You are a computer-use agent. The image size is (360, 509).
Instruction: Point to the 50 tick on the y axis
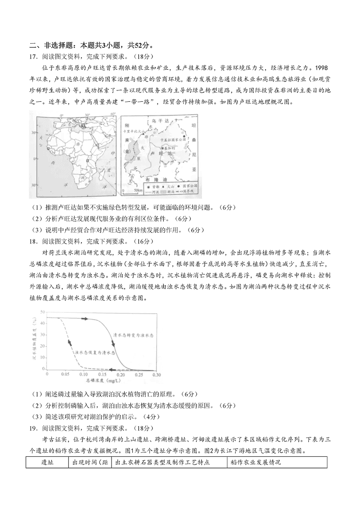click(x=42, y=311)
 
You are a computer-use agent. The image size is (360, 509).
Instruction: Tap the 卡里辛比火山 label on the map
click(x=133, y=131)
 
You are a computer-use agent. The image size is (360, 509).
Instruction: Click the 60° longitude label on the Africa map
click(x=105, y=114)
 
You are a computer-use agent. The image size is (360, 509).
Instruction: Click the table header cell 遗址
click(x=47, y=462)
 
